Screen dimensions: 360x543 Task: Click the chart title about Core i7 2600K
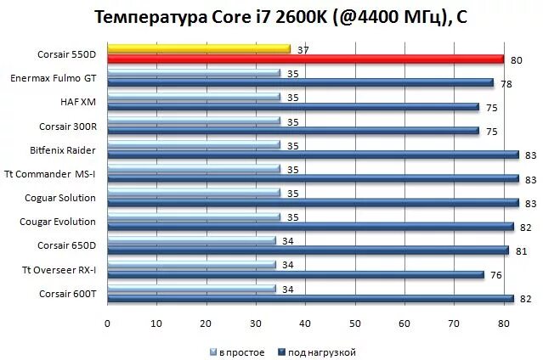tap(270, 17)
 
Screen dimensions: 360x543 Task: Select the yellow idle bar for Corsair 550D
tap(199, 49)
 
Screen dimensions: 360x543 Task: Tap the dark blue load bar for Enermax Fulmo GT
tap(300, 82)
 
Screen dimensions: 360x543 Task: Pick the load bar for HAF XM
tap(293, 106)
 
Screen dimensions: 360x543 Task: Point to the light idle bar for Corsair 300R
tap(194, 121)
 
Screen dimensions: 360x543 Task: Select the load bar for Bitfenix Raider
tap(313, 155)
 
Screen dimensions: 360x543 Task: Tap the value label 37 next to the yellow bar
tap(303, 50)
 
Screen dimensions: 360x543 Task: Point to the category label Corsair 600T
tap(67, 294)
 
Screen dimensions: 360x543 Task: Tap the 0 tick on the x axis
tap(107, 323)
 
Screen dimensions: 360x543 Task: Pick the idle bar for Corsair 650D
tap(191, 241)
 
